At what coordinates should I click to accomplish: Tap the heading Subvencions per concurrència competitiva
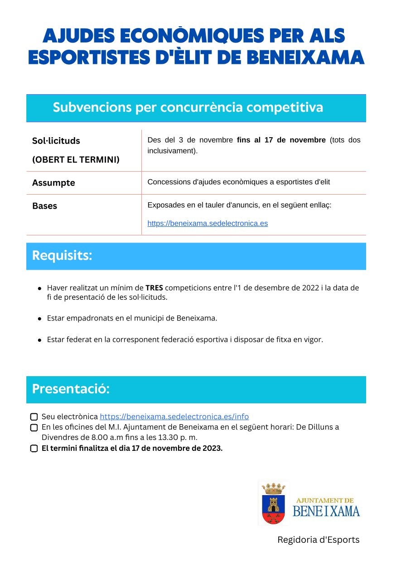(188, 108)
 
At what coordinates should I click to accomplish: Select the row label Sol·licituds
(56, 141)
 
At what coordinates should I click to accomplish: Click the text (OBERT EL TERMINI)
(76, 160)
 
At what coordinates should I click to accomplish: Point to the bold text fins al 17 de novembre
(281, 140)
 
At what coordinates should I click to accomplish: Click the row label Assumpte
(53, 183)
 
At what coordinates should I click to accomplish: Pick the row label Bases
(44, 206)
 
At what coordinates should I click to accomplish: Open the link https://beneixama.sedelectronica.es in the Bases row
(208, 223)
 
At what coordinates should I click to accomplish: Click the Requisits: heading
(62, 256)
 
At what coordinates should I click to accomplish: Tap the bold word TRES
(154, 288)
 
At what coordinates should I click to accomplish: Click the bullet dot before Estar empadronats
(40, 319)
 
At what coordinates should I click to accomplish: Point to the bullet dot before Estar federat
(40, 340)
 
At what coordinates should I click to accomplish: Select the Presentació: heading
(71, 389)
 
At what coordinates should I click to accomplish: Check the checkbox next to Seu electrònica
(34, 417)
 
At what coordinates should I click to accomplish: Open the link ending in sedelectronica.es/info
(174, 416)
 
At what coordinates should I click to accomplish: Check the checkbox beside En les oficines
(34, 427)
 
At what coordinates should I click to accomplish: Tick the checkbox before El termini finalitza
(34, 449)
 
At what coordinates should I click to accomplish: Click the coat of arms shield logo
(273, 509)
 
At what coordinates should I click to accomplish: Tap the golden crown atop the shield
(273, 488)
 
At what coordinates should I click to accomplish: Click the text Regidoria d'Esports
(318, 540)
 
